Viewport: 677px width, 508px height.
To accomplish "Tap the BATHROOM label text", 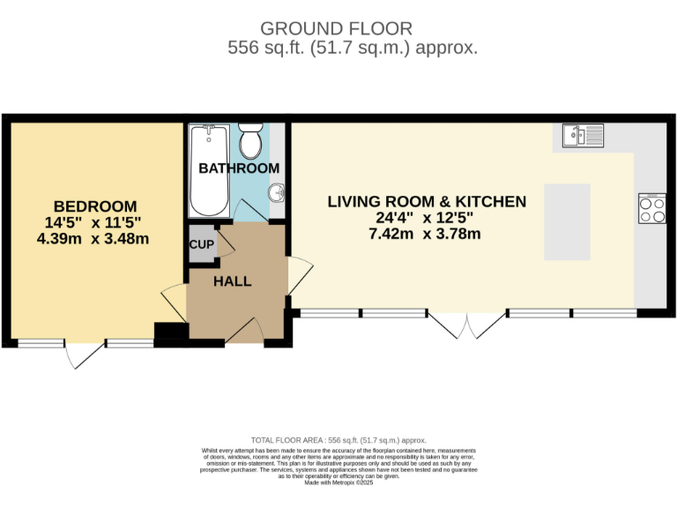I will (x=238, y=168).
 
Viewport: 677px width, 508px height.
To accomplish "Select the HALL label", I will (x=233, y=281).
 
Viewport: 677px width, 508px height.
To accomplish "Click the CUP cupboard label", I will (x=201, y=247).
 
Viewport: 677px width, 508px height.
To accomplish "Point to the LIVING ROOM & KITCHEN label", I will (x=427, y=202).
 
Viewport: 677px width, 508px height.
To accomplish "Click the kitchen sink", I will (x=583, y=136).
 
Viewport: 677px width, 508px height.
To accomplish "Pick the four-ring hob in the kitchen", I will (x=652, y=210).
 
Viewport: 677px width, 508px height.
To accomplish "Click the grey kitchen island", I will (x=567, y=222).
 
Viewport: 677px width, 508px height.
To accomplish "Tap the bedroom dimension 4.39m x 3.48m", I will (x=93, y=238).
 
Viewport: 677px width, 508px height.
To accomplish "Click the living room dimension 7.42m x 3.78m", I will (x=427, y=234).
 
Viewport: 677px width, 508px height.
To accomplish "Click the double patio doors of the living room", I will (x=465, y=325).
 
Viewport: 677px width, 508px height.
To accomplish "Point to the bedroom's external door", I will (x=83, y=355).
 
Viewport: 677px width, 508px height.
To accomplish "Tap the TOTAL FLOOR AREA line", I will (x=338, y=440).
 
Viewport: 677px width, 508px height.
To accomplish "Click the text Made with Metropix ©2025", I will (x=338, y=482).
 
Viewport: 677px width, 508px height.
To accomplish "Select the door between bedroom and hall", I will (x=174, y=304).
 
